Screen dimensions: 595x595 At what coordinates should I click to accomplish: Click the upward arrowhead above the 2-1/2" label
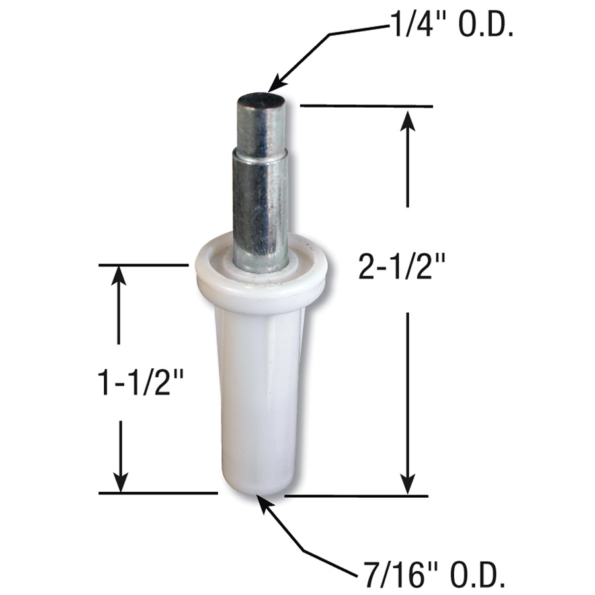click(409, 122)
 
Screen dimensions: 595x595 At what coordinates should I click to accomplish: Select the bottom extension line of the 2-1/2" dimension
click(357, 495)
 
